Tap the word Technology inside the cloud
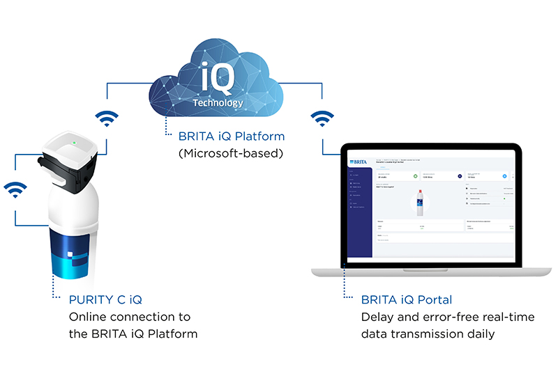[218, 102]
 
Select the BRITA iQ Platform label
[223, 136]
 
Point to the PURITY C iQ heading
[105, 300]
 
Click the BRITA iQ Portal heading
[407, 300]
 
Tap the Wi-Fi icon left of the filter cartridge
[15, 189]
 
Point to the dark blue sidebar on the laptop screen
[359, 209]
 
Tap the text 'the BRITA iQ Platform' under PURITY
[133, 334]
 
